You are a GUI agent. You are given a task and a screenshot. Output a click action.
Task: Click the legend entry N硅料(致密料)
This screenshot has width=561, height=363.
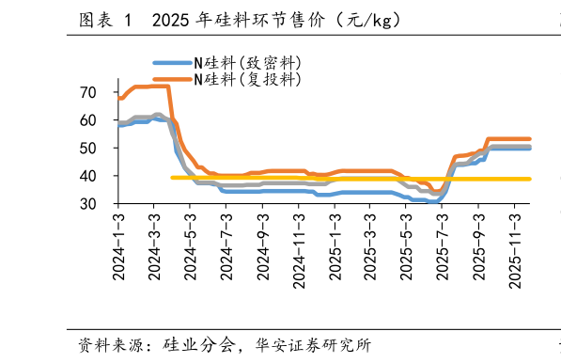click(x=248, y=63)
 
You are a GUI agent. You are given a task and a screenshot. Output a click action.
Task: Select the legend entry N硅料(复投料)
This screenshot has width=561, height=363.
click(x=248, y=80)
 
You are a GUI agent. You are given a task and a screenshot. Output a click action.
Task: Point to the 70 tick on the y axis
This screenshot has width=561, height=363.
click(x=88, y=92)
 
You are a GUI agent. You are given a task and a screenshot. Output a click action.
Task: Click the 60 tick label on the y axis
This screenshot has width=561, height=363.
click(x=88, y=120)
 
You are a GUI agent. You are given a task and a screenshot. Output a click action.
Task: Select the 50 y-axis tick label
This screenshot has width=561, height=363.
click(x=88, y=149)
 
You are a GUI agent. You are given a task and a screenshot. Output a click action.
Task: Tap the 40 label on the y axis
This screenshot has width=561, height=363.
click(x=88, y=176)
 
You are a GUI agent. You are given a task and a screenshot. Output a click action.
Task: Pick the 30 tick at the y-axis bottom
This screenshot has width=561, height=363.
click(x=88, y=204)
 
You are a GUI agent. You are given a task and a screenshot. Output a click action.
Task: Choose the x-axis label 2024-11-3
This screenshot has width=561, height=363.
click(x=299, y=246)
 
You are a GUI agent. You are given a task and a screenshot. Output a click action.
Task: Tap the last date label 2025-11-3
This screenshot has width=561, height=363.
click(x=515, y=246)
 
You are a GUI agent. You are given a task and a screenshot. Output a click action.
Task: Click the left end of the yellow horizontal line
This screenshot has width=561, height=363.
click(x=173, y=178)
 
